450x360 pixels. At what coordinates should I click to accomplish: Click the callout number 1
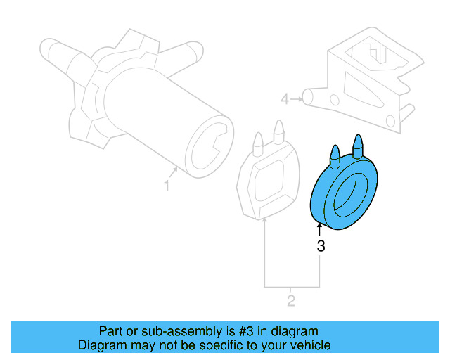167,186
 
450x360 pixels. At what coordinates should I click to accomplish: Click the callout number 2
291,302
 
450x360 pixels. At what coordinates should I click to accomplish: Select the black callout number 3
321,246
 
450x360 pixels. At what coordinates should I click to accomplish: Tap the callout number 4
285,99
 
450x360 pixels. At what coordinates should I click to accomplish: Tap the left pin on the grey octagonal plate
258,141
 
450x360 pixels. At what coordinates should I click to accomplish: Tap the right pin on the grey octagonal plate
278,131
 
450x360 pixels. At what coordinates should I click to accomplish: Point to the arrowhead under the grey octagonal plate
264,222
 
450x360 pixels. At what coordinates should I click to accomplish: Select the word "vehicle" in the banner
310,345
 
